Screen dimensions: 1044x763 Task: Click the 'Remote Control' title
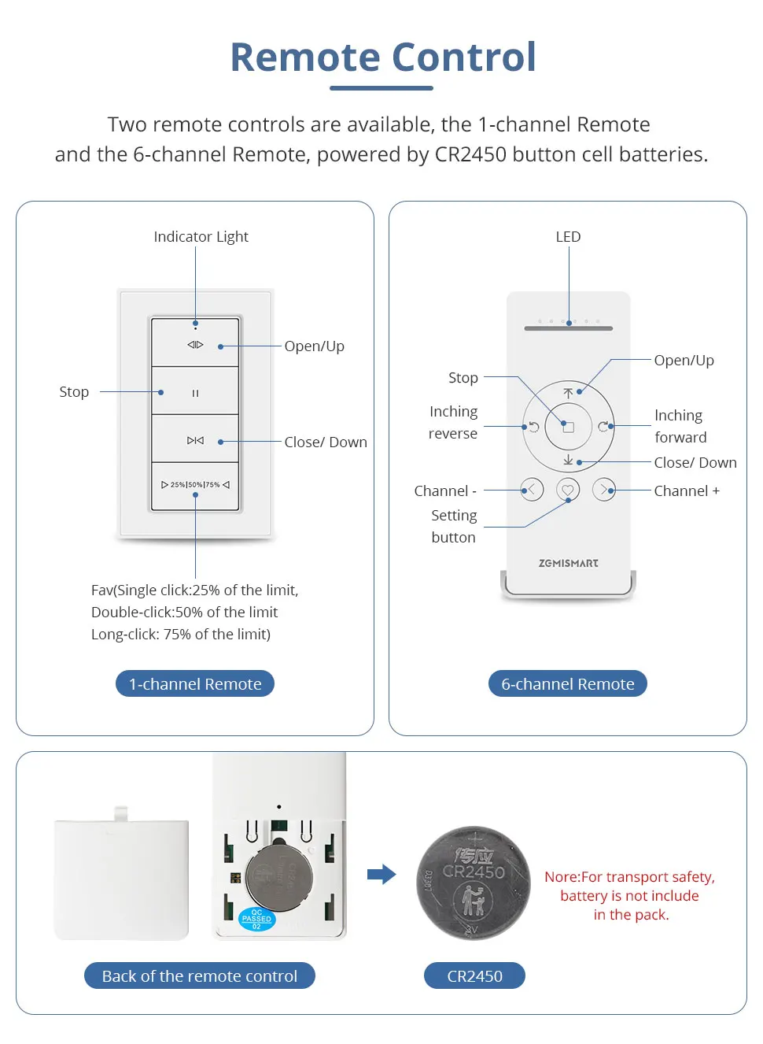coord(383,57)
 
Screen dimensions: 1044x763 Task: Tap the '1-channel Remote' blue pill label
coord(195,683)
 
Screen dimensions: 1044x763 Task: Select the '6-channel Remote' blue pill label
coord(568,683)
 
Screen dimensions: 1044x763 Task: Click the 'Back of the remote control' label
coord(200,976)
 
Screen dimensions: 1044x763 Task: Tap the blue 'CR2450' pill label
coord(474,976)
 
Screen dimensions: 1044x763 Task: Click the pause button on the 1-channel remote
coord(195,392)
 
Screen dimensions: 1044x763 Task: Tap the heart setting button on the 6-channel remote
coord(568,490)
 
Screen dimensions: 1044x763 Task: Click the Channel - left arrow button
coord(532,490)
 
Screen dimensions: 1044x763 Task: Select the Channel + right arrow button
coord(604,490)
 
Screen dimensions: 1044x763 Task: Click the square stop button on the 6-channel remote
coord(568,427)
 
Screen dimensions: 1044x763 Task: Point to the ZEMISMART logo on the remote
coord(568,563)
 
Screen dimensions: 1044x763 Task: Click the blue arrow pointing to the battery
coord(381,874)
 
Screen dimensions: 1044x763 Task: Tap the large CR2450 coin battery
coord(474,883)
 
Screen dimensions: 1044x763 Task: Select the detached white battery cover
coord(121,877)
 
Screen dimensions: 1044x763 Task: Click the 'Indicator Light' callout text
coord(201,236)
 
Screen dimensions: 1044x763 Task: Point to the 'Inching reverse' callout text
coord(453,422)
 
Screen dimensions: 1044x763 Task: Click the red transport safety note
coord(630,895)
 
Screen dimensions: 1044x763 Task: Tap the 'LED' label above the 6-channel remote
coord(568,236)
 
